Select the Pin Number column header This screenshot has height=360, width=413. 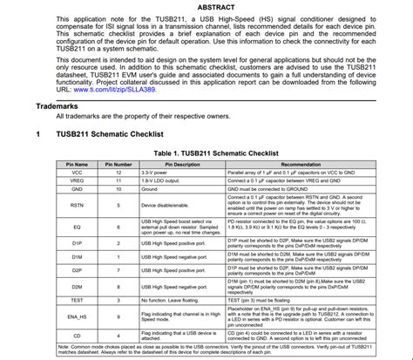[118, 163]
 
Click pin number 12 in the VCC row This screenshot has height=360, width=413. [118, 172]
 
